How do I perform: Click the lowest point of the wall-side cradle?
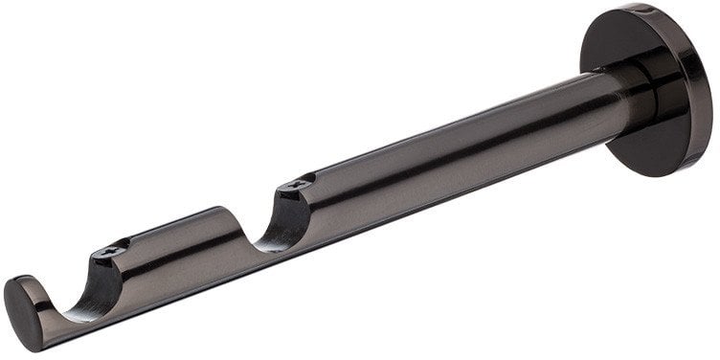[x=255, y=240]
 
